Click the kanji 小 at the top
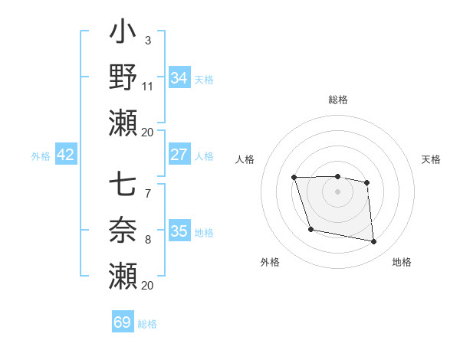tap(123, 34)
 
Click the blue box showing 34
tap(179, 78)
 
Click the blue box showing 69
tap(123, 322)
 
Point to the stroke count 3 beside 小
tap(147, 40)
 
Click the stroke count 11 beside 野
tap(148, 86)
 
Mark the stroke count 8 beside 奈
tap(147, 240)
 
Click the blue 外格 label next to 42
tap(41, 156)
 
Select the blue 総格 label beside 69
tap(147, 324)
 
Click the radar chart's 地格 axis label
tap(402, 263)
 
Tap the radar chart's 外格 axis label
tap(270, 263)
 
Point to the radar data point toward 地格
tap(374, 242)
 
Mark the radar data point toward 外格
tap(310, 229)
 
